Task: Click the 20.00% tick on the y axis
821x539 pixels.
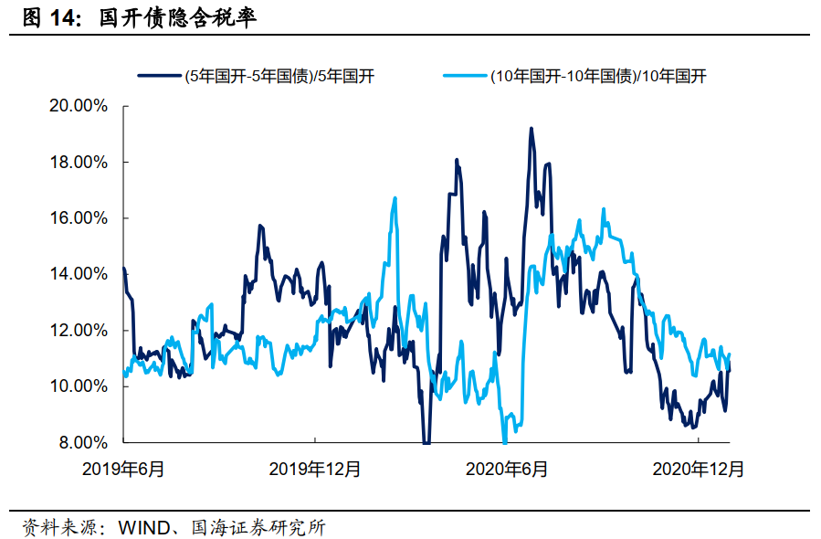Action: click(77, 106)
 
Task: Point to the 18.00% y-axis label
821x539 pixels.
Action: click(77, 163)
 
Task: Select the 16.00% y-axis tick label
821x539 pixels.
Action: click(77, 218)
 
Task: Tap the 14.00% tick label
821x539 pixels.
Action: click(77, 274)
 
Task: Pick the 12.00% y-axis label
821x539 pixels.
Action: click(77, 331)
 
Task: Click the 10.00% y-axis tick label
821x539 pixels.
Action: click(77, 386)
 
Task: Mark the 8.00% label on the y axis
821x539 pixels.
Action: click(80, 443)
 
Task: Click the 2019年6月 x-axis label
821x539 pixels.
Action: click(123, 470)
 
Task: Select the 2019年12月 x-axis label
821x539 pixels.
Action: click(315, 470)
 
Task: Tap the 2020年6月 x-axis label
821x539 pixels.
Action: click(507, 470)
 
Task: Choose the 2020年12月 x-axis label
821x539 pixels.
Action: click(699, 470)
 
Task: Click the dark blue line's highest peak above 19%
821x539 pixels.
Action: click(531, 129)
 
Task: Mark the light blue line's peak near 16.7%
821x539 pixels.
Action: click(395, 198)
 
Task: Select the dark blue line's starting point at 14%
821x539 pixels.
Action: click(123, 269)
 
